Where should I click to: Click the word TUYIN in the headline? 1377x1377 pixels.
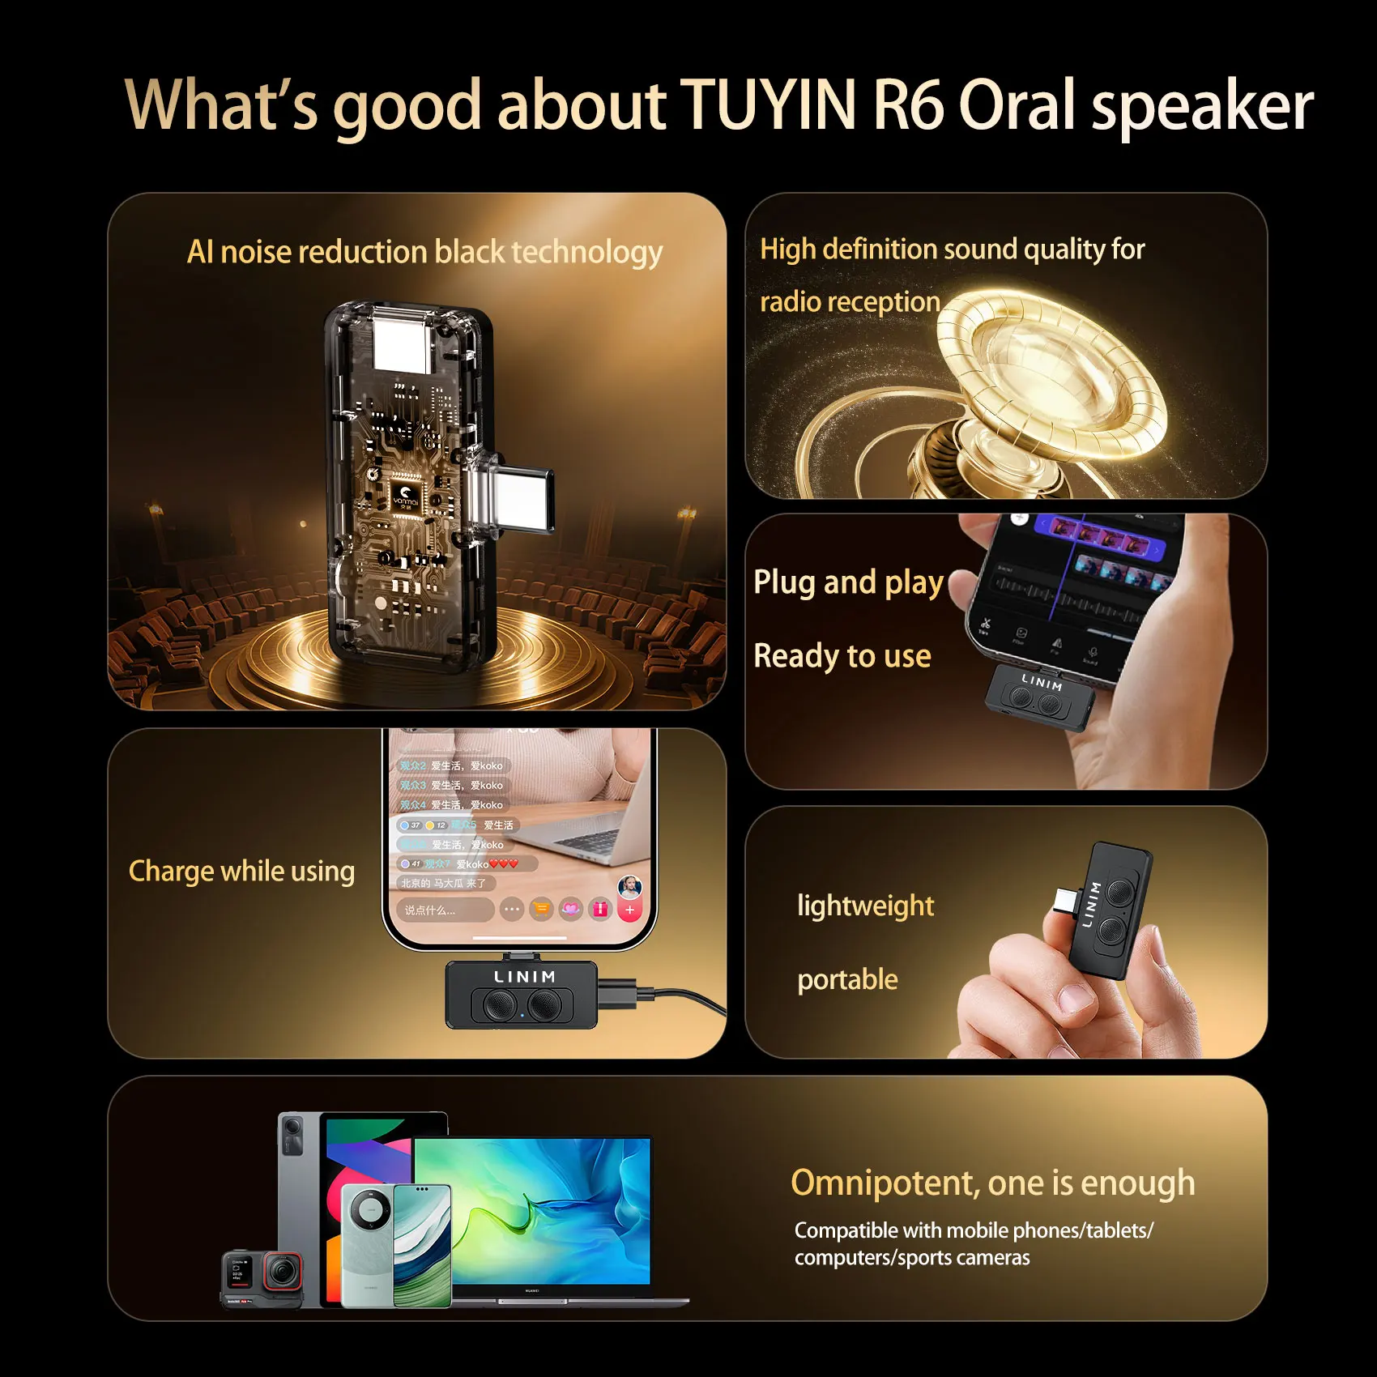coord(767,105)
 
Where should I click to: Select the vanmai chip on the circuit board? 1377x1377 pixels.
coord(406,494)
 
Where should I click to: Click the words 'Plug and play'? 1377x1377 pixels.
coord(848,582)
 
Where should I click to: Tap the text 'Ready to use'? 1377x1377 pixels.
coord(842,656)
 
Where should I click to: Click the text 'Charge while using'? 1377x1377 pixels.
coord(241,871)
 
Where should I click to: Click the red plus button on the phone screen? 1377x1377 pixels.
coord(629,910)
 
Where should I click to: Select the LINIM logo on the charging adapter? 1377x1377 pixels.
coord(525,977)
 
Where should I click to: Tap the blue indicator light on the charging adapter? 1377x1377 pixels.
coord(522,1014)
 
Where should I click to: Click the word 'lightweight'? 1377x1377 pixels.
coord(865,906)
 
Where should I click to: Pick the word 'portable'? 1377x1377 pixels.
coord(847,980)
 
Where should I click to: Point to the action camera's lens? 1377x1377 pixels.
coord(282,1273)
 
